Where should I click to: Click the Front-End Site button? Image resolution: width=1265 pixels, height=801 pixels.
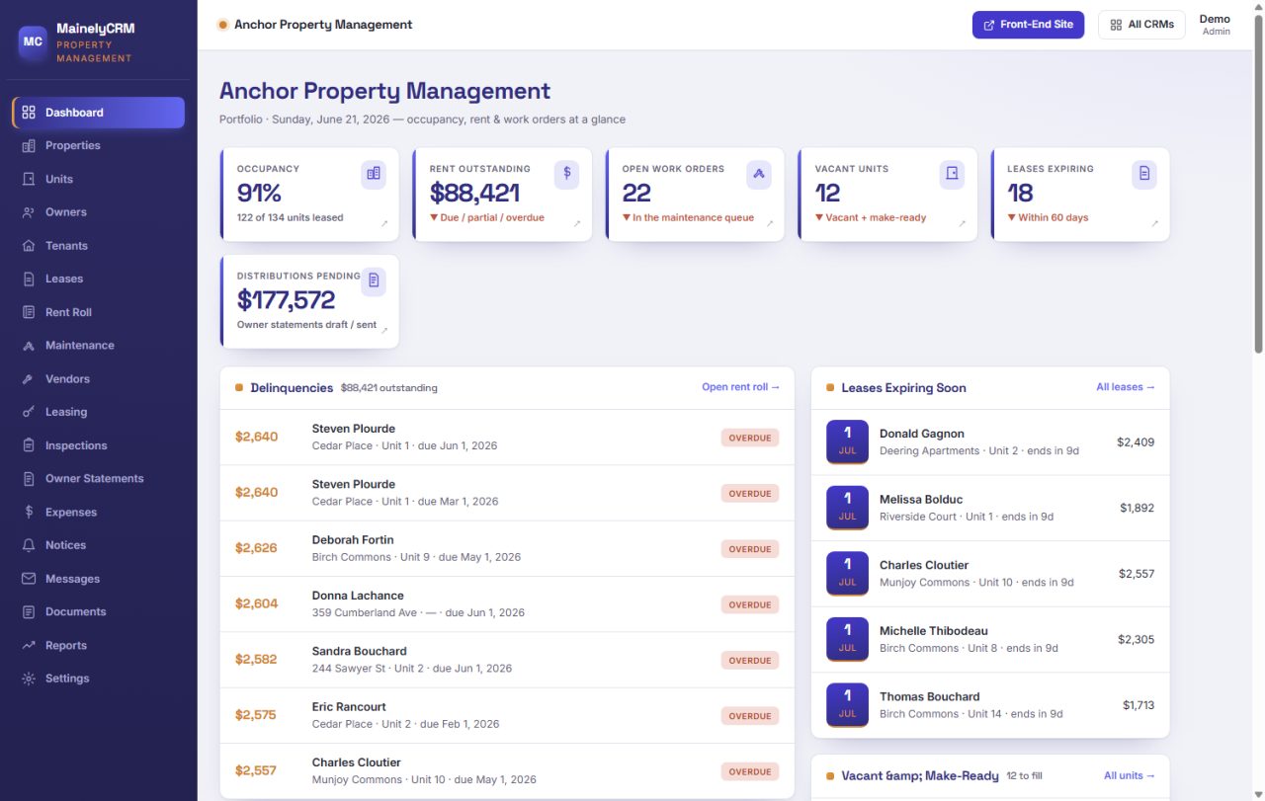point(1028,25)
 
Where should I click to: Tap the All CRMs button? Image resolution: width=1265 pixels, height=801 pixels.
point(1141,25)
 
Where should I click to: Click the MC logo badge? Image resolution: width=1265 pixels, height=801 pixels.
point(33,41)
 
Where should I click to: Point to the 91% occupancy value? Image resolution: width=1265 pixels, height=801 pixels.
point(259,193)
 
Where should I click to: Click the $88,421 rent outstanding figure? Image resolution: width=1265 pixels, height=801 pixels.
point(474,193)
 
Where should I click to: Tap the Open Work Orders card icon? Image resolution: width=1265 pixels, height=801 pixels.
point(758,174)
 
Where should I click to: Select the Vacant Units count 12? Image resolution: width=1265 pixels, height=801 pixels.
point(827,193)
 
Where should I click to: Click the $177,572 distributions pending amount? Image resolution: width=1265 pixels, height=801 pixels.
point(286,299)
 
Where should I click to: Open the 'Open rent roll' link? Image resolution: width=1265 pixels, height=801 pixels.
point(740,387)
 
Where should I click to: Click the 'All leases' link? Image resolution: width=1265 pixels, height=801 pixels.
point(1125,387)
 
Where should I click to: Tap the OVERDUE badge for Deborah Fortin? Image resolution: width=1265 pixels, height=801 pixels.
point(749,549)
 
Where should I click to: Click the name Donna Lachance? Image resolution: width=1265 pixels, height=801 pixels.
point(358,596)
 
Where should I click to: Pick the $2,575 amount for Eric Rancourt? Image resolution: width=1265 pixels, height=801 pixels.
point(256,715)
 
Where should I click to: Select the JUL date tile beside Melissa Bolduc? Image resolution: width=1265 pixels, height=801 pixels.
point(847,508)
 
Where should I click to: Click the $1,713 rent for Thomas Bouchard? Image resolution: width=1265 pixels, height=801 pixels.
point(1138,705)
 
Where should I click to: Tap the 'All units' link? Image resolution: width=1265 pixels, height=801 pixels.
point(1129,775)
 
